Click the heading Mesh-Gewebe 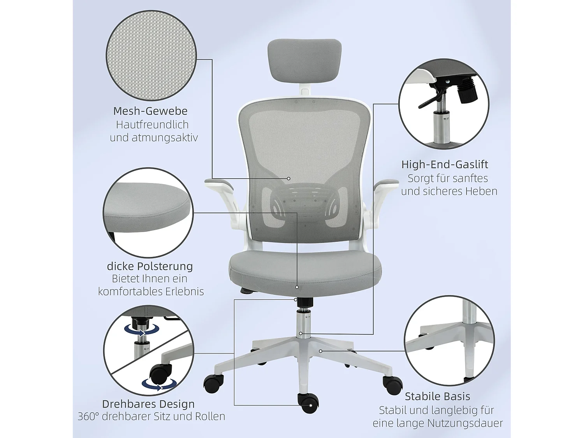click(x=150, y=111)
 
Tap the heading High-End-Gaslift click(x=445, y=164)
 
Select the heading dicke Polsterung click(x=150, y=266)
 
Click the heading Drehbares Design click(x=148, y=404)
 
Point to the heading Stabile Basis click(x=437, y=396)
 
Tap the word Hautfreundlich click(x=152, y=125)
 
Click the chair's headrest click(x=304, y=57)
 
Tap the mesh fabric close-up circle click(x=151, y=56)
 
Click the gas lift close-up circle click(x=444, y=104)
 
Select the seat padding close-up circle click(x=148, y=213)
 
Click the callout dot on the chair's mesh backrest click(x=289, y=178)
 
